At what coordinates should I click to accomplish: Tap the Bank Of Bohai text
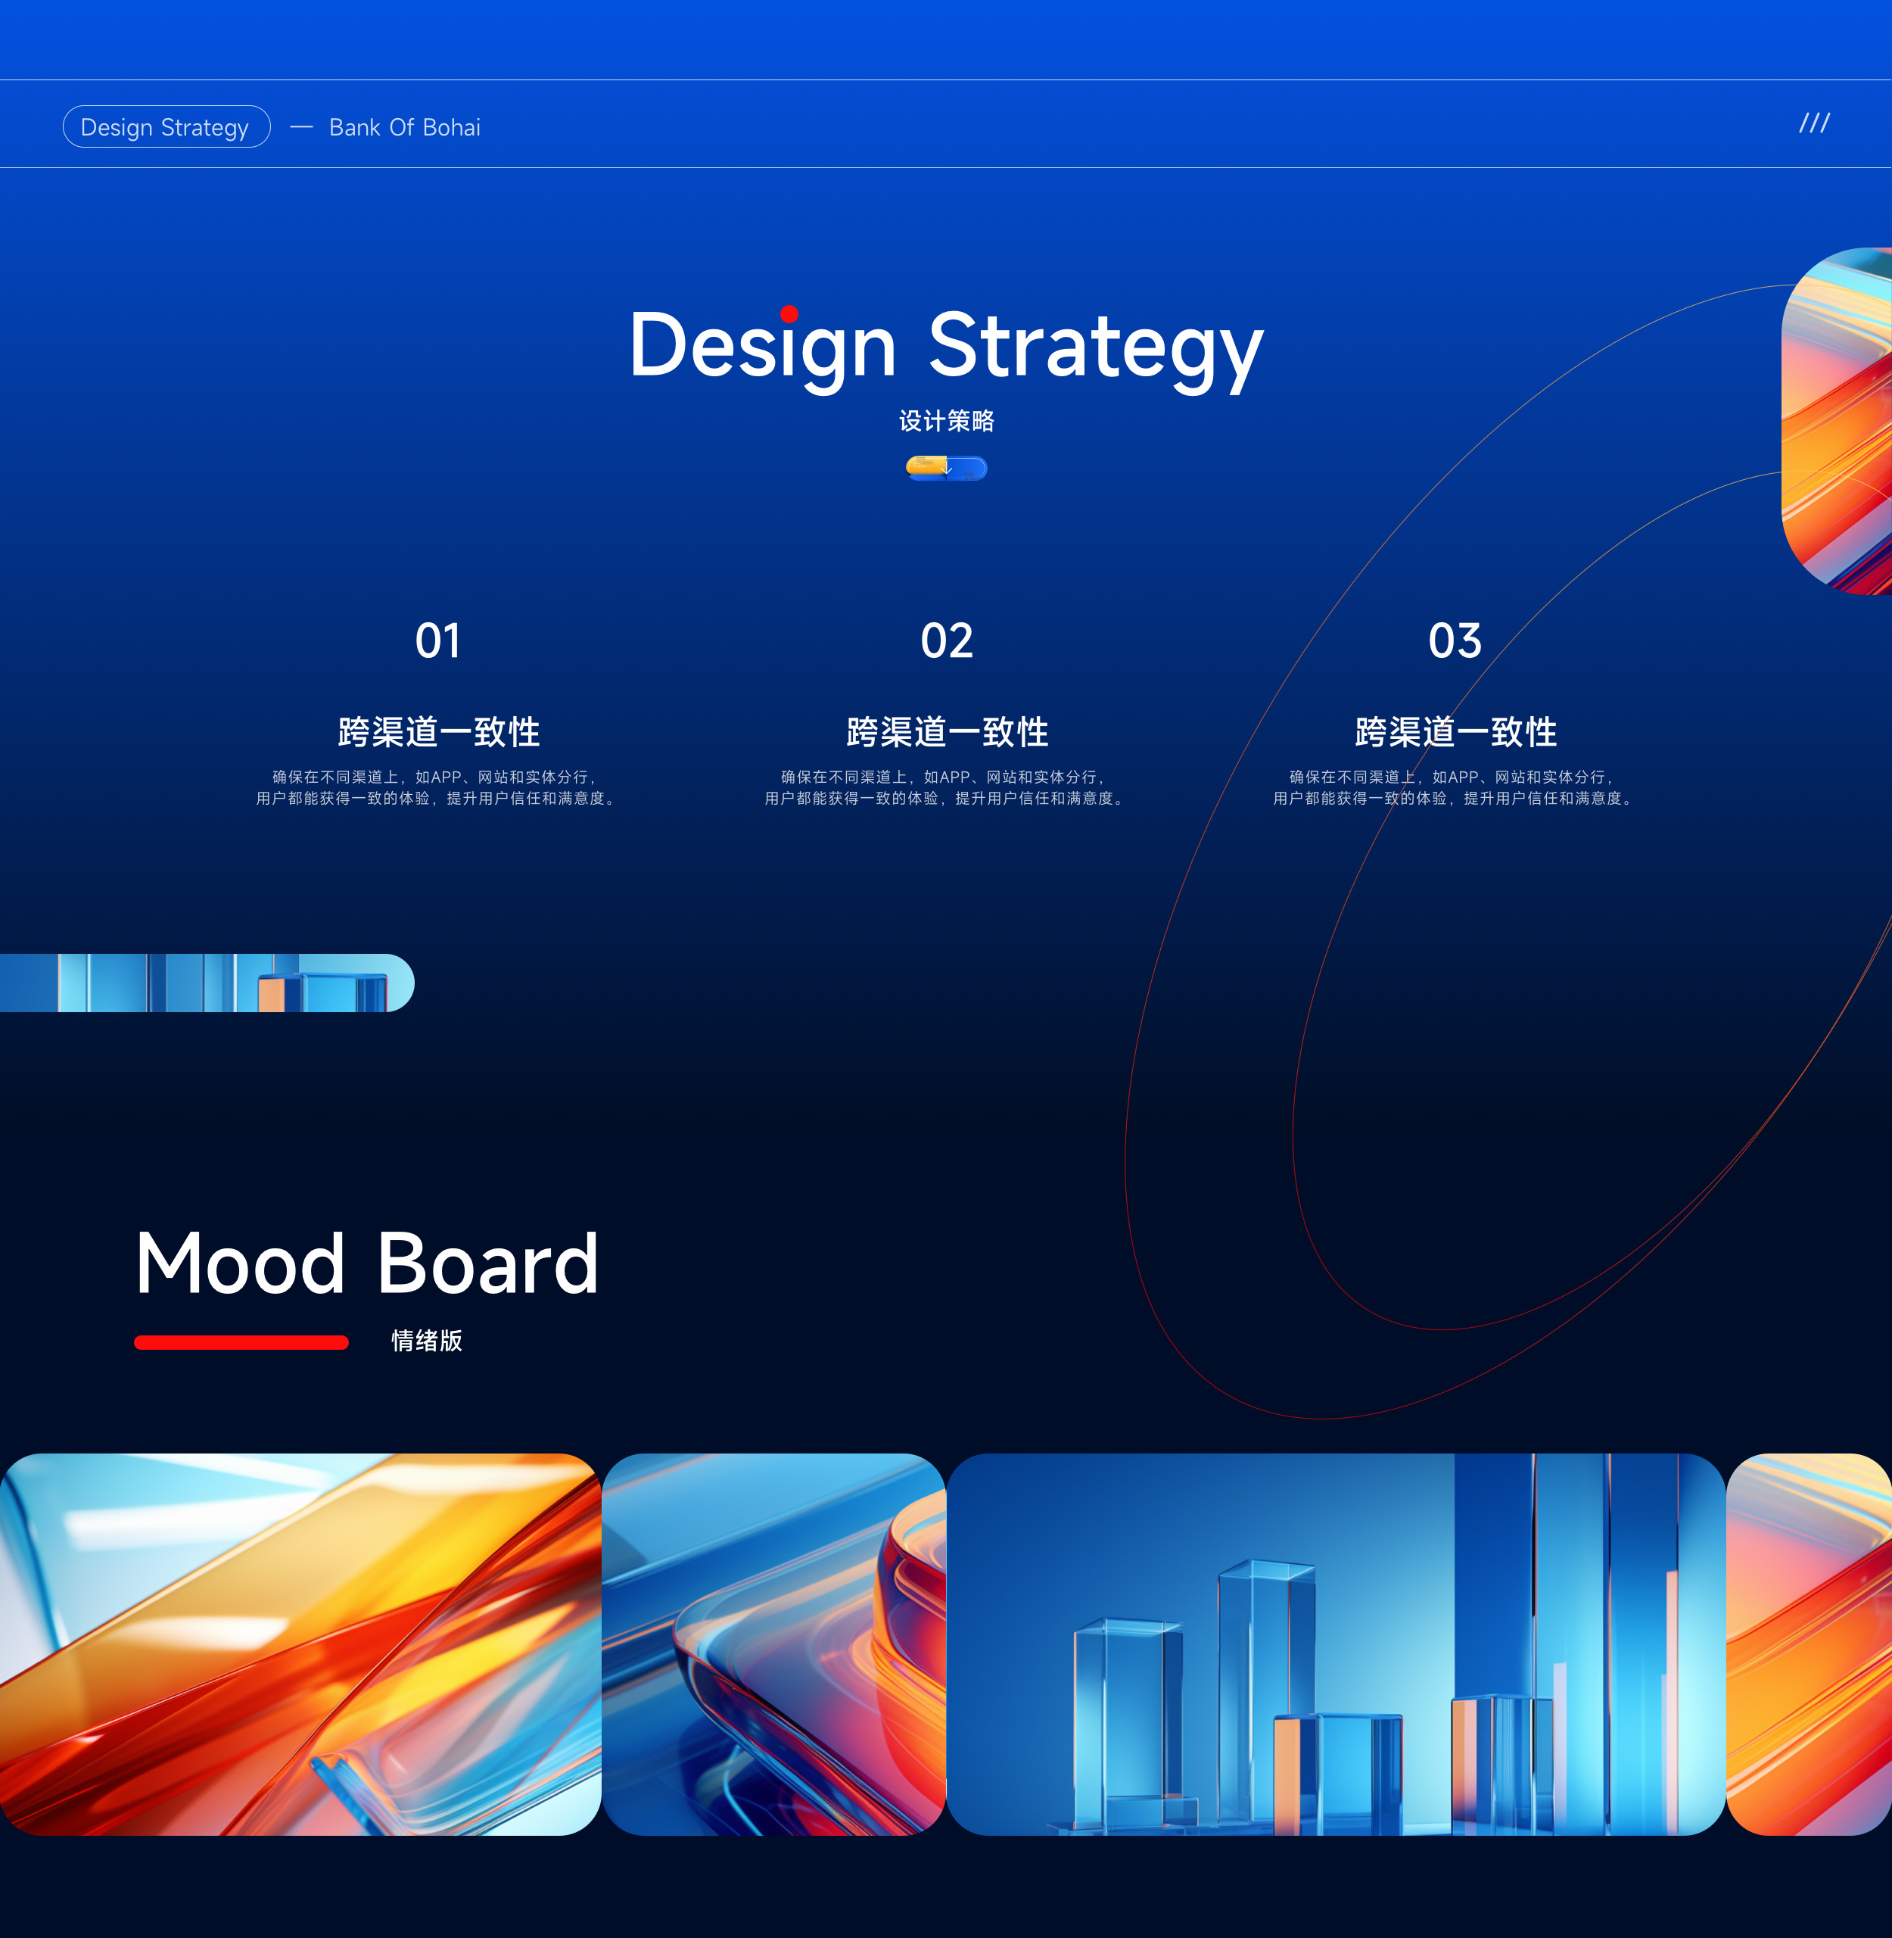404,127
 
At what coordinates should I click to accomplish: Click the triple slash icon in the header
1815,123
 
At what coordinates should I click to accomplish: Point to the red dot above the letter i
789,314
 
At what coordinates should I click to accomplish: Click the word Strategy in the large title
1095,347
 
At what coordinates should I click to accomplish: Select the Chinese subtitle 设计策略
946,422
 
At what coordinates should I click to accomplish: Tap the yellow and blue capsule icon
946,468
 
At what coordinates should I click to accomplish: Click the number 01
437,641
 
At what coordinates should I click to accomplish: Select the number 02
946,641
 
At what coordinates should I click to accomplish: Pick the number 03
1455,641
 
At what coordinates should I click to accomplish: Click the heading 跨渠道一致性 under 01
438,733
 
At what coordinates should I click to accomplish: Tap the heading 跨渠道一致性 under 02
947,733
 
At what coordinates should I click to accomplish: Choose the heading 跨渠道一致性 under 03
1456,733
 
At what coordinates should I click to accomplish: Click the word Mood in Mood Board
241,1263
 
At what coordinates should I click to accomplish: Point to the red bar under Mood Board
241,1343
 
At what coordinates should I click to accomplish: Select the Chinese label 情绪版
426,1341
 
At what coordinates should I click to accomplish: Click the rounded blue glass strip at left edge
207,983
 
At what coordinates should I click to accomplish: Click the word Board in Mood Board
488,1263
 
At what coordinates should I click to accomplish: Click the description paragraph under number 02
947,788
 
